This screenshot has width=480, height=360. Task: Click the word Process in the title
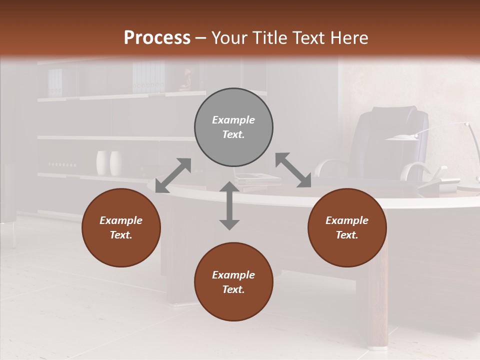point(157,37)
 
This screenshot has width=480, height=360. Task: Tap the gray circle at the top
point(233,127)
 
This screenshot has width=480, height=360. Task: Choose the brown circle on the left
point(121,227)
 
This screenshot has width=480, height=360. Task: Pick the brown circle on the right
point(347,227)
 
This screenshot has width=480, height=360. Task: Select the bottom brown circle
point(233,282)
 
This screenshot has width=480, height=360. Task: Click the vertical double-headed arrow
point(229,205)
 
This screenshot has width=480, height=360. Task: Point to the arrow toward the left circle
point(173,175)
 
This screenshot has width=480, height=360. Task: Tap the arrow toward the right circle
point(293,170)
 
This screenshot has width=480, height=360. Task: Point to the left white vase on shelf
point(102,163)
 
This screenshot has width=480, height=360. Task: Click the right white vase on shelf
point(116,163)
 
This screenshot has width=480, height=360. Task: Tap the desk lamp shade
point(402,137)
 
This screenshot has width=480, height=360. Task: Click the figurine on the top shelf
point(186,80)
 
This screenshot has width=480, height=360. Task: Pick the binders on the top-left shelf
point(55,82)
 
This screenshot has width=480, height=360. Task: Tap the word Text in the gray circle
point(233,134)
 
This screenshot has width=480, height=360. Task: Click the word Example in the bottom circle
point(233,274)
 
